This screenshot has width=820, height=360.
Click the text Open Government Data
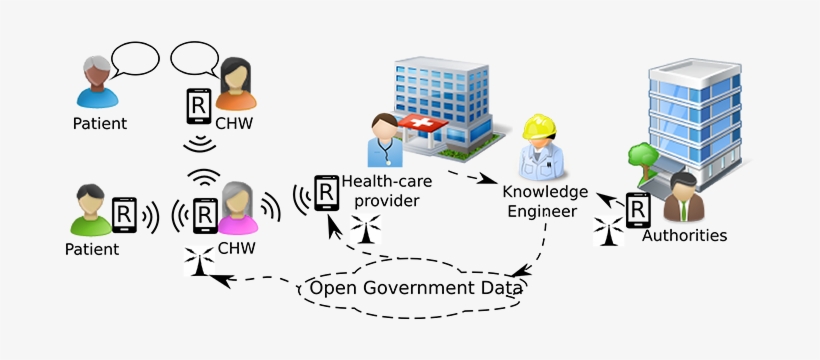pyautogui.click(x=415, y=289)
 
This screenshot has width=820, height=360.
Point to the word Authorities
pyautogui.click(x=684, y=236)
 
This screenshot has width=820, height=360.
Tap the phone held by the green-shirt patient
pyautogui.click(x=125, y=214)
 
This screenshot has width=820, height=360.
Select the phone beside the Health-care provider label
pyautogui.click(x=326, y=192)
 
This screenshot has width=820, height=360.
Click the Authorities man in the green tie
pyautogui.click(x=685, y=198)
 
